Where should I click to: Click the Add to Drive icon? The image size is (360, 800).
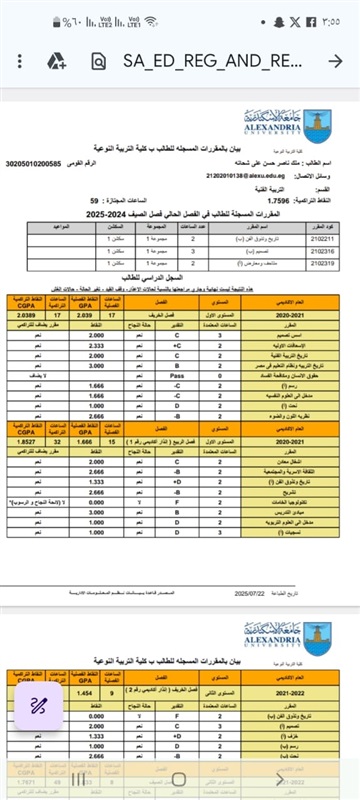click(x=55, y=61)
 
